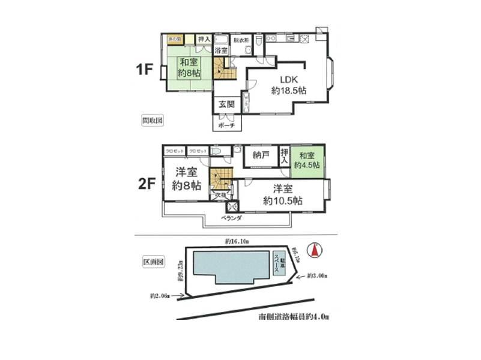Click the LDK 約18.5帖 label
tap(288, 85)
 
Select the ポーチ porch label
tap(226, 126)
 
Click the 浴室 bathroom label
tap(221, 50)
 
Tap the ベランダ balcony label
tap(231, 218)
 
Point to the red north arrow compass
tap(314, 250)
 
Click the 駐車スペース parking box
tap(277, 263)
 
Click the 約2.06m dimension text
tap(160, 296)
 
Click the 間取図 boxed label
tap(152, 119)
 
